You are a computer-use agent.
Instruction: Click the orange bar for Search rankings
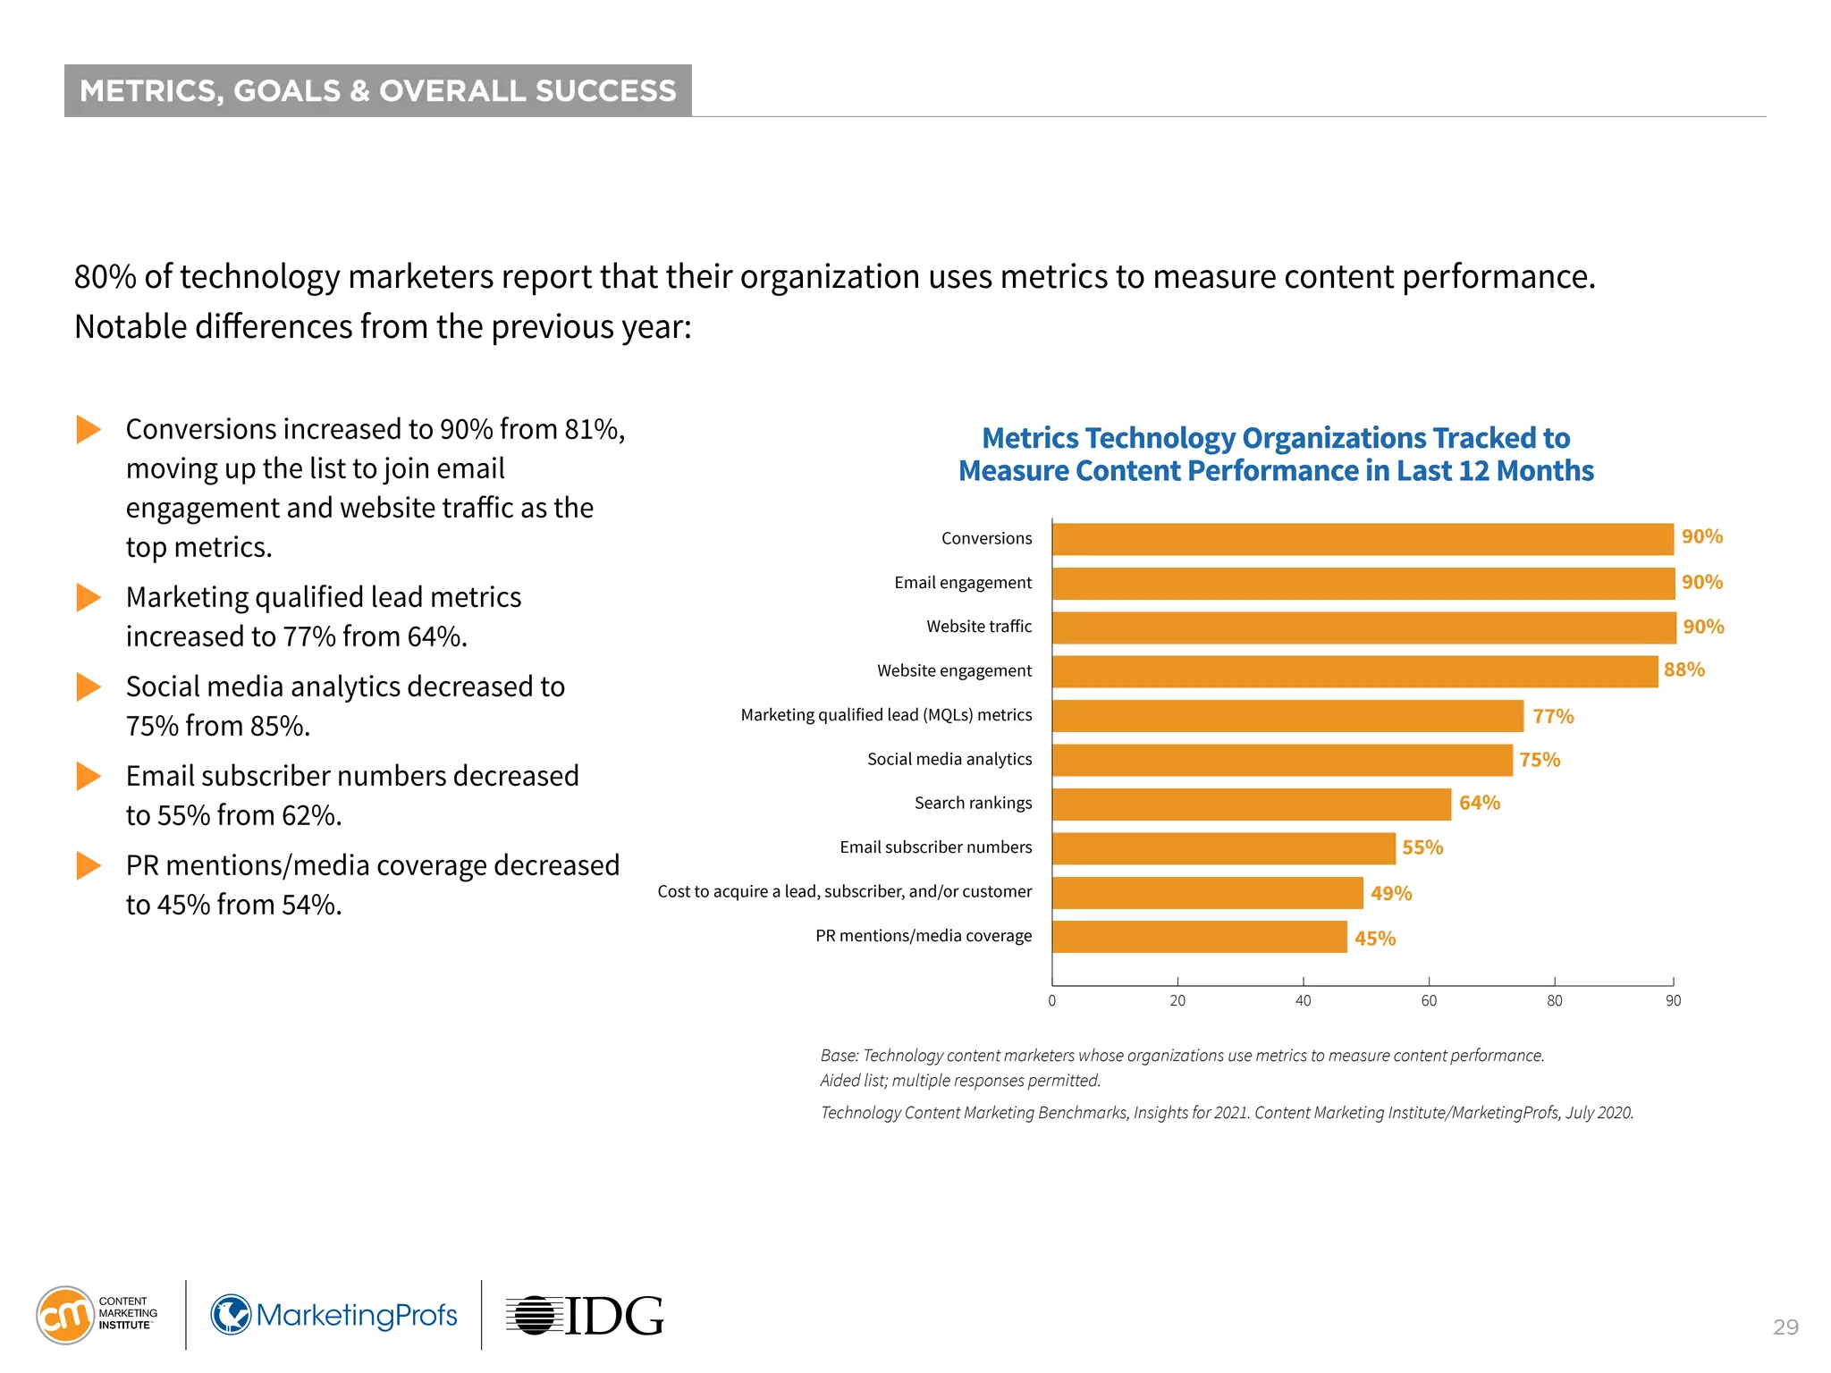1251,804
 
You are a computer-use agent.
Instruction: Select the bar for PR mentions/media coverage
1199,937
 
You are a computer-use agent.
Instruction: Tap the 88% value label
1683,670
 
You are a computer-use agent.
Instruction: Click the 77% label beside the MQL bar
1552,716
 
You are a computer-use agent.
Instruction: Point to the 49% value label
1390,893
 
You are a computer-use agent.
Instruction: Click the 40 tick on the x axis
1303,1000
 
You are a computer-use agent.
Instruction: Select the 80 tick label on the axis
1554,1000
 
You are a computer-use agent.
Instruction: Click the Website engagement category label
954,670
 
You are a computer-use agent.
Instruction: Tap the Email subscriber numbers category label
935,847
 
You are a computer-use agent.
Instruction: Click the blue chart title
1276,454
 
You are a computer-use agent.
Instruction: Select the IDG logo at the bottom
586,1315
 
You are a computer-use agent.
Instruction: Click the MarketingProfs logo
334,1315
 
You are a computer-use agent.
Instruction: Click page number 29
1785,1327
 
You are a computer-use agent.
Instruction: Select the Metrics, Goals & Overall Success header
378,90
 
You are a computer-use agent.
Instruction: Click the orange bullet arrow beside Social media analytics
89,686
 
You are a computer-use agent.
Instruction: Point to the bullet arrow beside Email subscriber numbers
89,776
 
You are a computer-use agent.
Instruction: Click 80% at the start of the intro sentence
105,277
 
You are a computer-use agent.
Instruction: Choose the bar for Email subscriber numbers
1223,848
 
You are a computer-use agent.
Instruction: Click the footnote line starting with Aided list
959,1080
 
